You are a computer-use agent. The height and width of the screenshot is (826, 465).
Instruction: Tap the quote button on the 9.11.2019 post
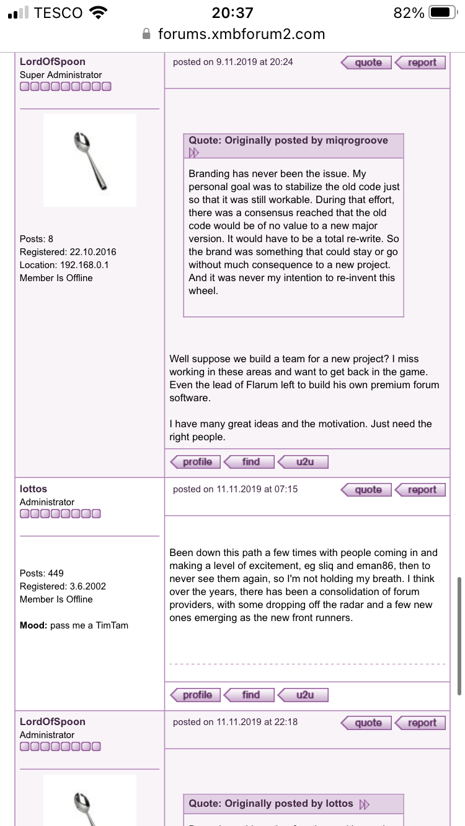tap(366, 63)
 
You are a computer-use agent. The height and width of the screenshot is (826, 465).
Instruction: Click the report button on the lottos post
tap(421, 490)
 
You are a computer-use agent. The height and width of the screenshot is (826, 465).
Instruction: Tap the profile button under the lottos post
tap(196, 695)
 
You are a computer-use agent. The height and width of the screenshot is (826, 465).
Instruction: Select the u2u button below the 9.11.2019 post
tap(304, 462)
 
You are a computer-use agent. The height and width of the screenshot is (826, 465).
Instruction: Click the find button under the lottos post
tap(250, 695)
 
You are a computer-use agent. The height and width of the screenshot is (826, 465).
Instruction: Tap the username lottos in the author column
tap(33, 489)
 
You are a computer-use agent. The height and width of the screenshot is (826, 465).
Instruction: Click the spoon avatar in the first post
tap(90, 160)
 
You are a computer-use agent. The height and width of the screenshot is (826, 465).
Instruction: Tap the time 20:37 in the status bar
tap(232, 12)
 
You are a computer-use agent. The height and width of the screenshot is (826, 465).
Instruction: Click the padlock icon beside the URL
tap(147, 34)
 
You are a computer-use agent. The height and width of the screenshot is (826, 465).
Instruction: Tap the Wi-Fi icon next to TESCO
tap(98, 12)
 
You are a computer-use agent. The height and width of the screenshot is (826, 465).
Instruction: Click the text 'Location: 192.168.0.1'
tap(68, 265)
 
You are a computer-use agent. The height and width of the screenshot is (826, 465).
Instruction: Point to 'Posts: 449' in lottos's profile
tap(42, 573)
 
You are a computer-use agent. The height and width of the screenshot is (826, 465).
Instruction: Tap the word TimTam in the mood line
tap(112, 625)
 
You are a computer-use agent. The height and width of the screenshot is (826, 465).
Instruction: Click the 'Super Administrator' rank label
tap(61, 75)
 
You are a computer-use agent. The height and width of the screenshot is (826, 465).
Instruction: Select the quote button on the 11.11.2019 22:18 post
tap(366, 723)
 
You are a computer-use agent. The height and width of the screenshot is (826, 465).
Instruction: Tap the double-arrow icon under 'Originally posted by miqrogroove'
tap(194, 153)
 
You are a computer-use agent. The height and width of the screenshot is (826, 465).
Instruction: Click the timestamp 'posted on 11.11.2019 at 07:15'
tap(235, 489)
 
